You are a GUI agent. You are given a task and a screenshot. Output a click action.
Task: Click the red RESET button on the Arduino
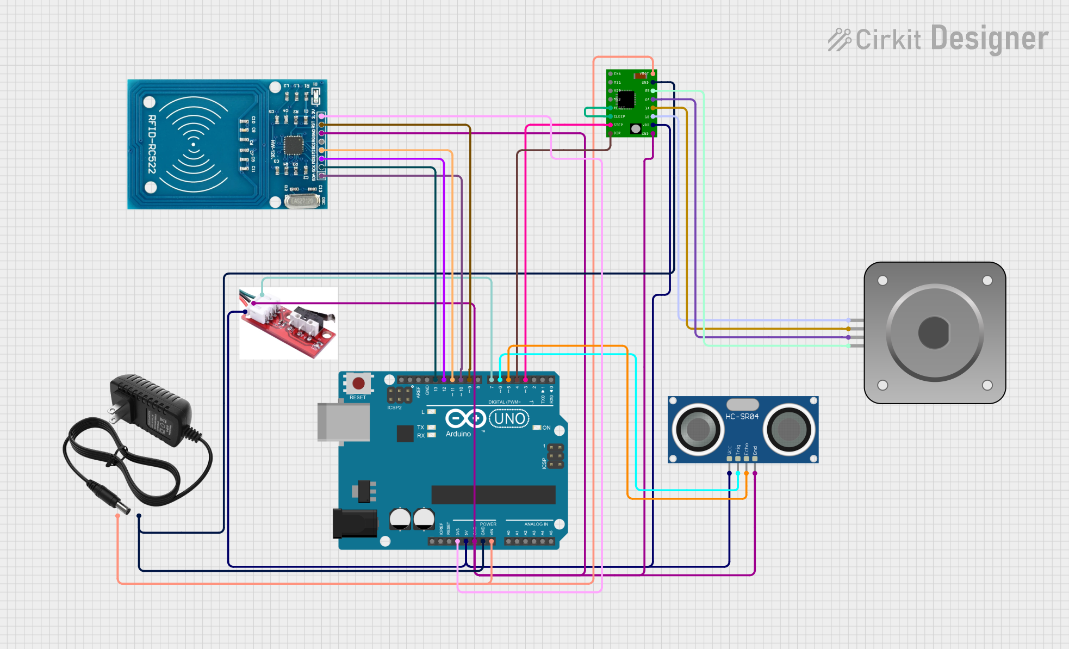pyautogui.click(x=358, y=384)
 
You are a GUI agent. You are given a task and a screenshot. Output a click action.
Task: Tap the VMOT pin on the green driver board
pyautogui.click(x=652, y=73)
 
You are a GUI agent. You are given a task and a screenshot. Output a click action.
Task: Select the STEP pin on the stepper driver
pyautogui.click(x=611, y=125)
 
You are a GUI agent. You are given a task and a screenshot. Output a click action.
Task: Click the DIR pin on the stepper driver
pyautogui.click(x=611, y=133)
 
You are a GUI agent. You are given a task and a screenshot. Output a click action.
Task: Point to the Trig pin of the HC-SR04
pyautogui.click(x=738, y=459)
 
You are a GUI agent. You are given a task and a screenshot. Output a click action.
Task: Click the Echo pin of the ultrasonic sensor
pyautogui.click(x=747, y=459)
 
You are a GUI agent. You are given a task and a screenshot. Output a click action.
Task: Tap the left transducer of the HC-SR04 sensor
pyautogui.click(x=698, y=430)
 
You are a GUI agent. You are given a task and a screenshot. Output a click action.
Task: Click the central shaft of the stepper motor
pyautogui.click(x=934, y=332)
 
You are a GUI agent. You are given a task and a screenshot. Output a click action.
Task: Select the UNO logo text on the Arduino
pyautogui.click(x=509, y=419)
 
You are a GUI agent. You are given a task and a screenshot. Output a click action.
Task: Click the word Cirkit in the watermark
pyautogui.click(x=888, y=40)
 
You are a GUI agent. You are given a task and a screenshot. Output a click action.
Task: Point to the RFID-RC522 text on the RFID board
pyautogui.click(x=152, y=144)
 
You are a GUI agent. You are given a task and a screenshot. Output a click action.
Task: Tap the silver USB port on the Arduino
pyautogui.click(x=344, y=422)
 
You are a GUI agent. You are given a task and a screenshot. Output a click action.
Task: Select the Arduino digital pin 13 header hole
pyautogui.click(x=436, y=380)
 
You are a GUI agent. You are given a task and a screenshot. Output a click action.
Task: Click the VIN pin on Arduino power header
pyautogui.click(x=492, y=541)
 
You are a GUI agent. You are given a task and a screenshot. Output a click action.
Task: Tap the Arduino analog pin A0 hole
pyautogui.click(x=508, y=541)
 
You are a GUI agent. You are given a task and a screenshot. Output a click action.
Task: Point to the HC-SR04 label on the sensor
pyautogui.click(x=742, y=416)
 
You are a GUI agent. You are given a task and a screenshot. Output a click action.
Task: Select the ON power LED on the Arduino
pyautogui.click(x=537, y=428)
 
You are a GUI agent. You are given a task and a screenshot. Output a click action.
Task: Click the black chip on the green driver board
pyautogui.click(x=626, y=99)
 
